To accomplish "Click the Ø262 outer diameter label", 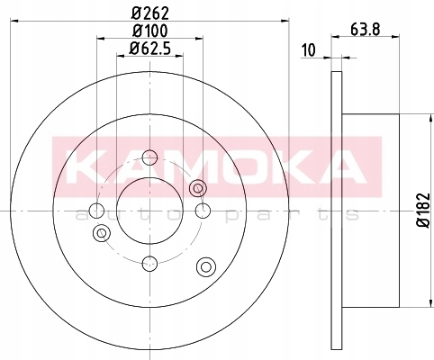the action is coord(150,13).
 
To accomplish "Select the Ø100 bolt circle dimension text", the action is coord(149,31).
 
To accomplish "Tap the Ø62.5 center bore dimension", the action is coord(149,49).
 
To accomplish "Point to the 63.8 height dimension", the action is coord(366,30).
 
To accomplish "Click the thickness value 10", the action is coord(309,50).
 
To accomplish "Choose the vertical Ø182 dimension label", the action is coord(424,210).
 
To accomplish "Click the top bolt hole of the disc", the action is coord(149,157).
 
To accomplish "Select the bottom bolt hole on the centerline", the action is coord(149,264).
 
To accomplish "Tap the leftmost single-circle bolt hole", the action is coord(97,211).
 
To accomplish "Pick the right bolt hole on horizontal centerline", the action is coord(203,211).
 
